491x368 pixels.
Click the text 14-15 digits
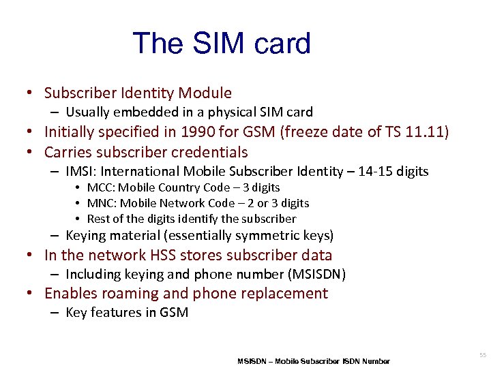tap(396, 171)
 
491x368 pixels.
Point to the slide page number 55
tap(483, 355)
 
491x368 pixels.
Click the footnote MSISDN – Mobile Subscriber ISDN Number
tap(314, 361)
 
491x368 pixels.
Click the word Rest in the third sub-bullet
tap(99, 219)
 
